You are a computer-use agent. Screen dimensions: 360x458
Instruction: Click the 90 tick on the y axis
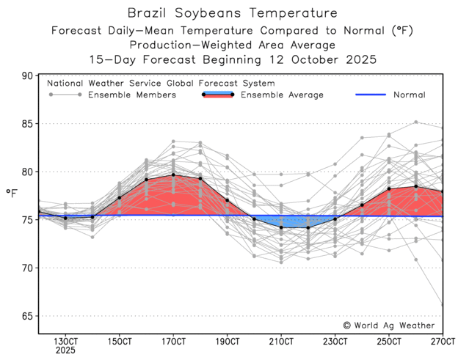click(x=28, y=76)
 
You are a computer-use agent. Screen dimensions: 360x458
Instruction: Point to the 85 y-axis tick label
click(x=28, y=124)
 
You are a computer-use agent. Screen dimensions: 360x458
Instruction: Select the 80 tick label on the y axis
click(x=28, y=172)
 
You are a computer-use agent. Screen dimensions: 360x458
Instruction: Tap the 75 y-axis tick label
click(x=28, y=220)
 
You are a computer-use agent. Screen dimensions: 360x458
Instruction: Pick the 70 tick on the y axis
click(x=28, y=268)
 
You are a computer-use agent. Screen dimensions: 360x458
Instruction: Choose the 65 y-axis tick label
click(x=28, y=316)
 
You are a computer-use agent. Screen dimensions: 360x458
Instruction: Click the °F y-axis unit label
click(x=12, y=194)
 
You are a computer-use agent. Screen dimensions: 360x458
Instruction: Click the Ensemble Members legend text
click(x=131, y=95)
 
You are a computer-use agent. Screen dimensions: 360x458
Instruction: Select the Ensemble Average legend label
click(x=282, y=95)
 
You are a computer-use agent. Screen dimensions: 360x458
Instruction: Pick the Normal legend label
click(x=409, y=95)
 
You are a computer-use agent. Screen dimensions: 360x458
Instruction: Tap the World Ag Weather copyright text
click(x=388, y=325)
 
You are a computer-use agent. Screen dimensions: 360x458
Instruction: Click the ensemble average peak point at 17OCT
click(x=173, y=175)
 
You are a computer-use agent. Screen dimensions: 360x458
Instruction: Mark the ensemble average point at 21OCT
click(x=281, y=227)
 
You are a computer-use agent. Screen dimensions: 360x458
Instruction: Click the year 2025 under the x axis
click(x=66, y=351)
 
